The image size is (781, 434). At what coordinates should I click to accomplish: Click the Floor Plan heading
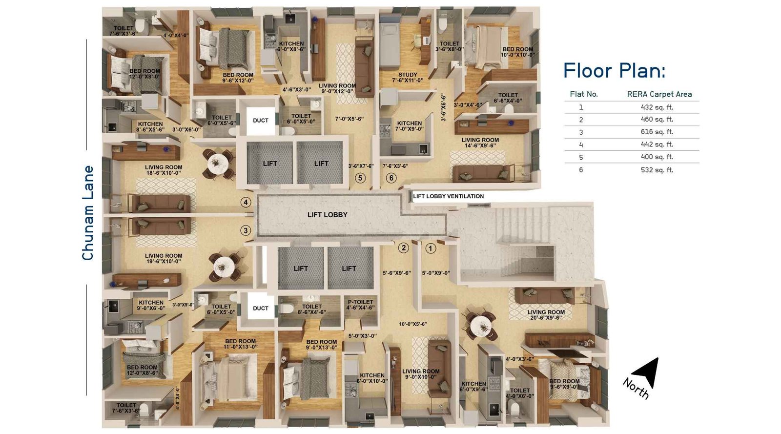(x=614, y=71)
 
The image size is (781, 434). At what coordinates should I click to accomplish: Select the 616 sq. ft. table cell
(x=657, y=132)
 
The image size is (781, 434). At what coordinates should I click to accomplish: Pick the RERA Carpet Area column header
(x=659, y=94)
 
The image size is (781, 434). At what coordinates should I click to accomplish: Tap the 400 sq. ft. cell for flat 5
(x=657, y=157)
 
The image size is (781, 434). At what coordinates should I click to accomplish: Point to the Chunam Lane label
(x=88, y=212)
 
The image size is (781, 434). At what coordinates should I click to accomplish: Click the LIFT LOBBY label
(x=327, y=215)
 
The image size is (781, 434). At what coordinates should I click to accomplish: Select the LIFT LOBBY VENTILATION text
(x=448, y=196)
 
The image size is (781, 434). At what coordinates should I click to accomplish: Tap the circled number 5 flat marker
(x=360, y=178)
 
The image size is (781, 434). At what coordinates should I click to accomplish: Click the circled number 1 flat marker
(x=430, y=248)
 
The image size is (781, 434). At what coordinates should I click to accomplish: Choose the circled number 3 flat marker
(x=246, y=230)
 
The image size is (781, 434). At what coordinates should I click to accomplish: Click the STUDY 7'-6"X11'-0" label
(x=408, y=78)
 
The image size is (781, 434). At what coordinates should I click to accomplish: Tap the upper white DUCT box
(x=260, y=120)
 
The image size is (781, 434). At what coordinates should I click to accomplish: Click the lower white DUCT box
(x=260, y=308)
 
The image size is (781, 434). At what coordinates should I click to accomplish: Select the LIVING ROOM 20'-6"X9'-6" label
(x=546, y=315)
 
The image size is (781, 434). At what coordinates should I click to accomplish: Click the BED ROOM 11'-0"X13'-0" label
(x=240, y=344)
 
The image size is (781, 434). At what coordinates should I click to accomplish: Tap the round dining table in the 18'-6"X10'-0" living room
(x=217, y=163)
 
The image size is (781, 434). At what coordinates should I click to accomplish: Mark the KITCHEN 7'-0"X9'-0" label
(x=409, y=126)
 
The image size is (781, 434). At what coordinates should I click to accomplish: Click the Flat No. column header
(x=583, y=94)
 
